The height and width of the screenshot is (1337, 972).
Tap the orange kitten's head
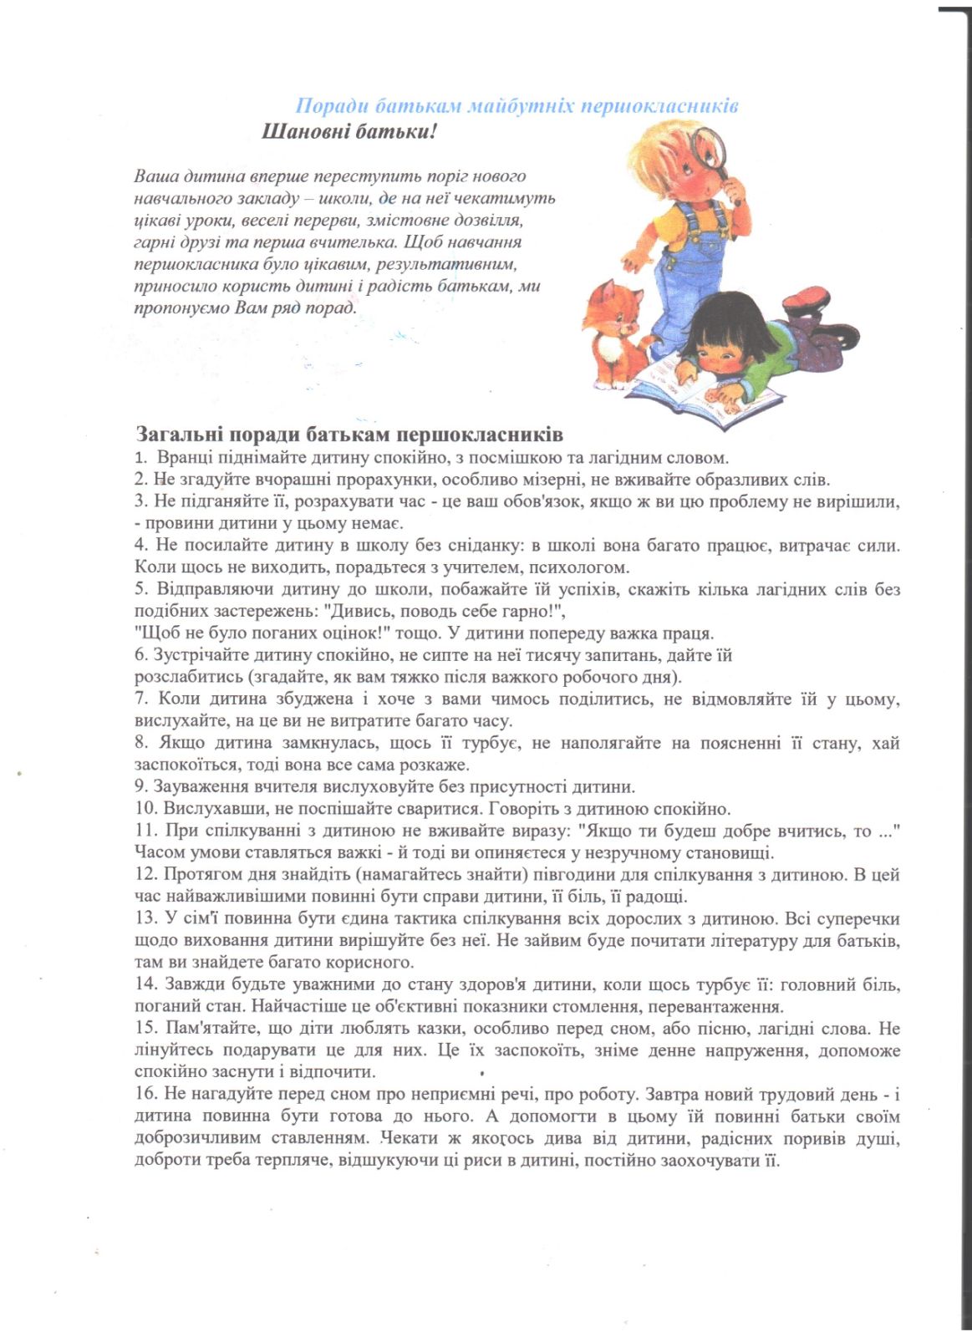click(618, 305)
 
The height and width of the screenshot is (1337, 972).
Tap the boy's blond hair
click(660, 150)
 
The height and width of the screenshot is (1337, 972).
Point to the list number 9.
click(141, 787)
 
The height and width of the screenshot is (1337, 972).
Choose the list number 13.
click(146, 918)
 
